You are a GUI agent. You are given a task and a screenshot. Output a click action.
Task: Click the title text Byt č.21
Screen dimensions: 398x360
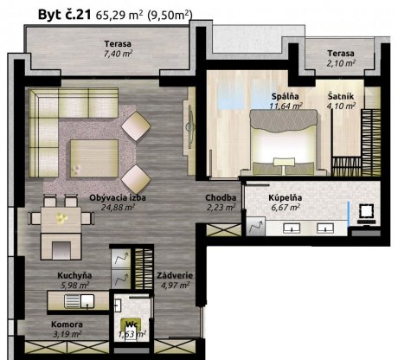tap(65, 15)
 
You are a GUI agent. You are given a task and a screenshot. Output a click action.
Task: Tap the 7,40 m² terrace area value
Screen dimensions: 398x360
tap(118, 54)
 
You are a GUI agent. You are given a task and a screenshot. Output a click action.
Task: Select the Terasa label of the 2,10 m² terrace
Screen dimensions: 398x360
tap(341, 54)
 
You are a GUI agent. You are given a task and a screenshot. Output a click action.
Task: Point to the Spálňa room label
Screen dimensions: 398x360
tap(285, 96)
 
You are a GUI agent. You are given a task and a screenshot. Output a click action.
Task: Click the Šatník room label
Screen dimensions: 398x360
tap(341, 96)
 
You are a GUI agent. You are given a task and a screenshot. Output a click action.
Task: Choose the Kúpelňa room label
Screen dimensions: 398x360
tap(286, 197)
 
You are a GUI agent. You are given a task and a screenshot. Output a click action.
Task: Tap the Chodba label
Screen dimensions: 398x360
tap(221, 197)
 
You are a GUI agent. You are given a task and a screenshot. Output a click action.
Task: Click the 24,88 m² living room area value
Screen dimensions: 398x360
tap(118, 207)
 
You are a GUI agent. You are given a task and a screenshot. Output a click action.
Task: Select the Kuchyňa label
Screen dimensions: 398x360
tap(74, 275)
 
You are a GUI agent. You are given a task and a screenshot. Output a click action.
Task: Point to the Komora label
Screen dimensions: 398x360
tap(67, 325)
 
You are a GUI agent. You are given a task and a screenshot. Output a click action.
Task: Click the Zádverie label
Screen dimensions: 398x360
tap(175, 275)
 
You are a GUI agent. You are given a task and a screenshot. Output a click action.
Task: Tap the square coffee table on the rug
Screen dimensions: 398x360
tap(94, 158)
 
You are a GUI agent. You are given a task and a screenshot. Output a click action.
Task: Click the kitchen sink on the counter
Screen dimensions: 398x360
tap(80, 301)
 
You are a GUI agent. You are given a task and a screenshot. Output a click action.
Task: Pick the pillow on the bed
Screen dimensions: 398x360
tap(284, 162)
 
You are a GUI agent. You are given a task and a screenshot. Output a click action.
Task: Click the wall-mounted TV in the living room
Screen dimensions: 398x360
tap(189, 126)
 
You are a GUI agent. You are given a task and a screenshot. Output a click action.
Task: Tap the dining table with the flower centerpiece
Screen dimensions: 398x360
tap(61, 220)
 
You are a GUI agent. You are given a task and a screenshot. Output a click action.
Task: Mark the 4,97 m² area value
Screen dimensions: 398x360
tap(175, 286)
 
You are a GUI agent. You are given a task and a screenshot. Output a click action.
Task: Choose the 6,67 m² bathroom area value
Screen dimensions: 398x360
tap(286, 207)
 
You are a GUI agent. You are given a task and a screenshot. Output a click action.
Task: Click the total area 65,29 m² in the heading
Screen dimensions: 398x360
tap(119, 15)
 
